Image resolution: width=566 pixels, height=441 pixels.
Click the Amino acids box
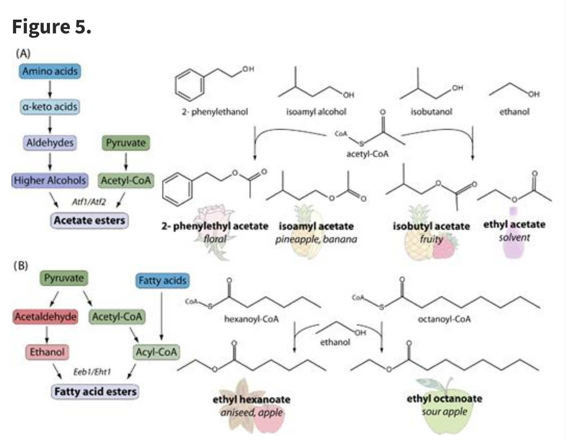pyautogui.click(x=50, y=71)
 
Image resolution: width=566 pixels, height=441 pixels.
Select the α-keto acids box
pyautogui.click(x=50, y=107)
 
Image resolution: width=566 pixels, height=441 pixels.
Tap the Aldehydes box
pyautogui.click(x=50, y=143)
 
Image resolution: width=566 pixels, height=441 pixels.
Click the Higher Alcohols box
pyautogui.click(x=50, y=181)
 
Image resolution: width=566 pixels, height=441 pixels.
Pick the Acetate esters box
pyautogui.click(x=90, y=220)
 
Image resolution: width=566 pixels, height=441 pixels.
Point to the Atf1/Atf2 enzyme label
pyautogui.click(x=89, y=202)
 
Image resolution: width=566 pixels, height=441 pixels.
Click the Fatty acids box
pyautogui.click(x=162, y=281)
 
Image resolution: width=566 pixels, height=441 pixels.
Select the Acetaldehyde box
pyautogui.click(x=46, y=317)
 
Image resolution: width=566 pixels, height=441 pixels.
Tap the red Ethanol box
pyautogui.click(x=47, y=352)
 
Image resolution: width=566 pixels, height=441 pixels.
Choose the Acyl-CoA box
pyautogui.click(x=156, y=352)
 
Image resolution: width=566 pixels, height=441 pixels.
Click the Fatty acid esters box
pyautogui.click(x=95, y=392)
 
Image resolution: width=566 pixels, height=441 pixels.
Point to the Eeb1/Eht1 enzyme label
pyautogui.click(x=92, y=371)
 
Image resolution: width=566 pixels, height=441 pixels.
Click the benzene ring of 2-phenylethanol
pyautogui.click(x=189, y=84)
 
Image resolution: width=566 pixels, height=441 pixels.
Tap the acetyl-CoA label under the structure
pyautogui.click(x=367, y=154)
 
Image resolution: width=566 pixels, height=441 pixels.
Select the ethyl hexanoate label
pyautogui.click(x=252, y=399)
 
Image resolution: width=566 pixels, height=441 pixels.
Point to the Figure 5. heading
pyautogui.click(x=51, y=27)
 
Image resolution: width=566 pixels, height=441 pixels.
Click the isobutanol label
pyautogui.click(x=431, y=112)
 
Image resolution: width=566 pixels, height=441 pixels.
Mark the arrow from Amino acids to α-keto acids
pyautogui.click(x=50, y=89)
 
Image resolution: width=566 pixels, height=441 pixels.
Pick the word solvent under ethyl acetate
pyautogui.click(x=514, y=238)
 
